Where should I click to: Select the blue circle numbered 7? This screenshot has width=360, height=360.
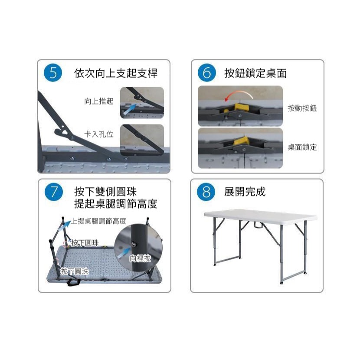point(53,192)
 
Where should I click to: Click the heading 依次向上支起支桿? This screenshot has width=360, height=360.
point(116,73)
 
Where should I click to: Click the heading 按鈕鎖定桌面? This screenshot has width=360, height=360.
point(255,73)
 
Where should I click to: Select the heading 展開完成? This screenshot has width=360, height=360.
point(245,192)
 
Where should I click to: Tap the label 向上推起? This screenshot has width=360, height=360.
point(98,101)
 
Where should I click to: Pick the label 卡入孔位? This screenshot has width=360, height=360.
point(98,134)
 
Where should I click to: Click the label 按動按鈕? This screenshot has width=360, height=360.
point(302,108)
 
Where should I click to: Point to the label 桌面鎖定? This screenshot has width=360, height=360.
point(302,147)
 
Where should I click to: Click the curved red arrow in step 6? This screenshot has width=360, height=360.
point(237,94)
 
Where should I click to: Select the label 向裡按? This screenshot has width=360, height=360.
point(140,259)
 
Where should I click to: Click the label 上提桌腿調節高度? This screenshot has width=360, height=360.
point(99,221)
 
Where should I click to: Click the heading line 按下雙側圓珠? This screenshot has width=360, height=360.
point(105,192)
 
